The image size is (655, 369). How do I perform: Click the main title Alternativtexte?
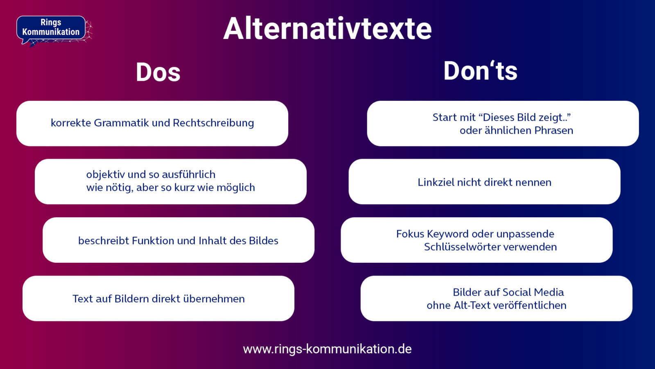click(327, 29)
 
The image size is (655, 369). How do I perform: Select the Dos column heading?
click(158, 73)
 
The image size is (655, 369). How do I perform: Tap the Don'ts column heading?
click(480, 71)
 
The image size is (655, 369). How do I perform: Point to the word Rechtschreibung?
click(213, 123)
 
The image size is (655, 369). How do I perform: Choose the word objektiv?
click(105, 175)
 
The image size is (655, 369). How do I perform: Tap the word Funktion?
click(153, 241)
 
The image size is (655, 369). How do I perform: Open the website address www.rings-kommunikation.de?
click(327, 349)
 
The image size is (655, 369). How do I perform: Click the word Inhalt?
click(212, 241)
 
